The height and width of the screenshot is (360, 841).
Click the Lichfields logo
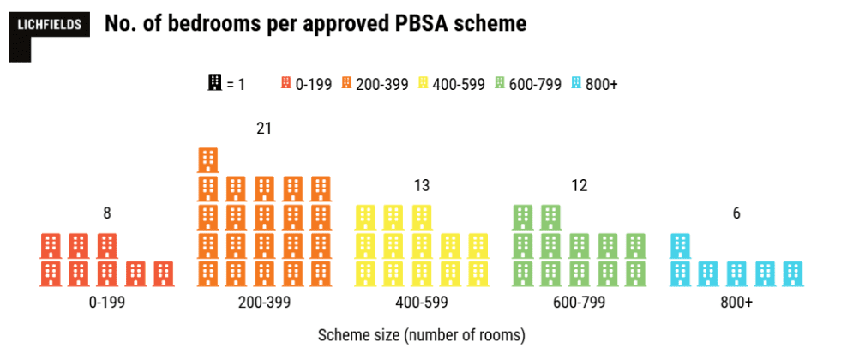point(50,26)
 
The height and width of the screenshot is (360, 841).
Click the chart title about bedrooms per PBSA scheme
point(314,24)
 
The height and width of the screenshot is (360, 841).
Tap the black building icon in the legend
point(214,83)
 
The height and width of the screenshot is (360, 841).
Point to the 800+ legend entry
point(594,84)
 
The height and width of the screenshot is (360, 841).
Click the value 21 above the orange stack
point(264,129)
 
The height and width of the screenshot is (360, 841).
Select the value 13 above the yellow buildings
point(421,185)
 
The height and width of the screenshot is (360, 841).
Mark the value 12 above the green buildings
point(579,185)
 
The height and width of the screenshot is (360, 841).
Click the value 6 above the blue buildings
point(736,213)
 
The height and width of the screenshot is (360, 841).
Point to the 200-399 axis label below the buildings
point(264,303)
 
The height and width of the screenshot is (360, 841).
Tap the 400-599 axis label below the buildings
point(421,303)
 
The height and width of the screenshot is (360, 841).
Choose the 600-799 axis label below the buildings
point(579,303)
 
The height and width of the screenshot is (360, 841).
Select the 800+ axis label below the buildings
point(736,303)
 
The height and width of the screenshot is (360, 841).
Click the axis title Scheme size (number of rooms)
point(421,333)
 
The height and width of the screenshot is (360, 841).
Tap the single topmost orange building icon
point(208,160)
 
